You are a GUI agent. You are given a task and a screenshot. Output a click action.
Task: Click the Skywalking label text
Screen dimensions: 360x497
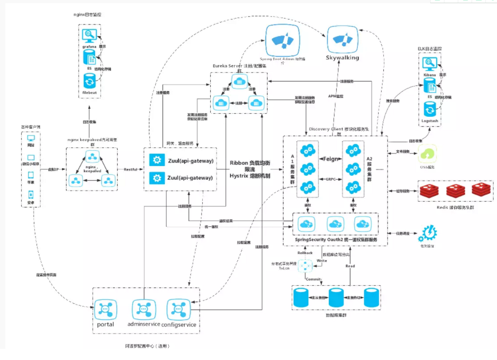(342, 57)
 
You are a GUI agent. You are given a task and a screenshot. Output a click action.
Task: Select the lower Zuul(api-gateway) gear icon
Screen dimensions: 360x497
(157, 178)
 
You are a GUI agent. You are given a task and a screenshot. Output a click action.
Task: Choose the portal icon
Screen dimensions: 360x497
(105, 309)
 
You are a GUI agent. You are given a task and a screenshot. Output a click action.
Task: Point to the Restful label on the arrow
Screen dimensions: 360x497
(131, 169)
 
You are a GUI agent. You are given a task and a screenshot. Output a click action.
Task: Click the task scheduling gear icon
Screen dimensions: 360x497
(428, 234)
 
